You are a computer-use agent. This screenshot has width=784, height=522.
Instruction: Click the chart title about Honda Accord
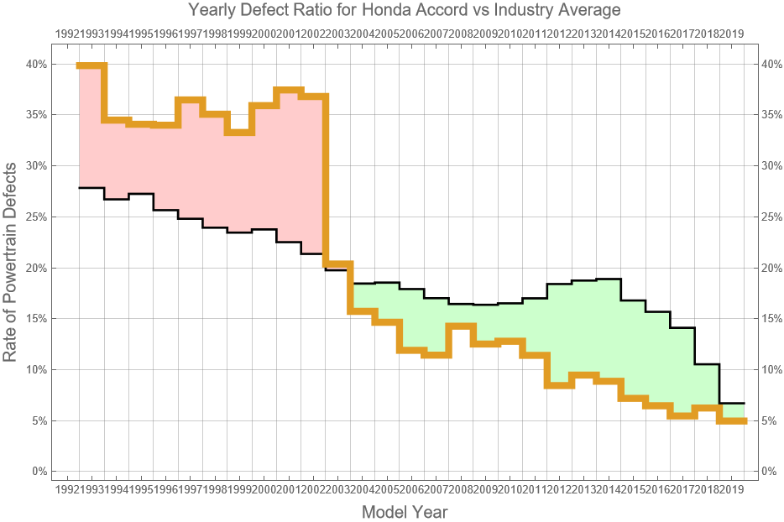coord(404,11)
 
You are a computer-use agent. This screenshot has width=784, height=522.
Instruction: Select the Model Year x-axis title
coord(404,511)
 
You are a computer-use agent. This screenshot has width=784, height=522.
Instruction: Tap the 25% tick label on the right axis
coord(771,217)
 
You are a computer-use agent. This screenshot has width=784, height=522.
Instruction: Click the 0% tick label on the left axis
coord(38,472)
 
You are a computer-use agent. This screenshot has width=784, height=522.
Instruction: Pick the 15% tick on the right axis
coord(771,319)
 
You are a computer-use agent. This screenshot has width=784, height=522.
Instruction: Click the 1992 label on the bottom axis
coord(67,489)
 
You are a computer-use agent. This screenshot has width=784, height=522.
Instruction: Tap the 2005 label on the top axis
coord(387,34)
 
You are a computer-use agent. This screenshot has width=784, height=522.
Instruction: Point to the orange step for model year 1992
coord(91,65)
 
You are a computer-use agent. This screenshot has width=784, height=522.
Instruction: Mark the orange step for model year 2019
coord(732,420)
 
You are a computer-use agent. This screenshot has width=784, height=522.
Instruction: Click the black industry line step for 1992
coord(91,187)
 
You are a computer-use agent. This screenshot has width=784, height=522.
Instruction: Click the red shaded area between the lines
coord(201,168)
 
